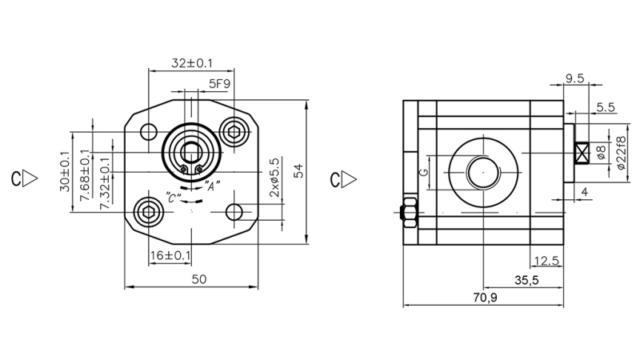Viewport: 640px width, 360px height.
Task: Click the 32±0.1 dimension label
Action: [191, 62]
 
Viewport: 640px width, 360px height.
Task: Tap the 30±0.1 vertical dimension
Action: [63, 171]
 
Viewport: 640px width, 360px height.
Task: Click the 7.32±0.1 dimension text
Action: [105, 182]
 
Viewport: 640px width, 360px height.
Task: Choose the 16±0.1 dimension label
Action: [170, 255]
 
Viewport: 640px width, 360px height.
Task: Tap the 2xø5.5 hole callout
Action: [274, 178]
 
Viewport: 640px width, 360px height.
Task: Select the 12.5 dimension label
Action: [545, 260]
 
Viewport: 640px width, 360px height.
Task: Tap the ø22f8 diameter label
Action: [620, 152]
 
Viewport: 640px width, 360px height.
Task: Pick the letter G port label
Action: [426, 172]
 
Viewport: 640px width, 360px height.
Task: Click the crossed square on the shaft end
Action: [582, 152]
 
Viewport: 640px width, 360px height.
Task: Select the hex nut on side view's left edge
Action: [409, 212]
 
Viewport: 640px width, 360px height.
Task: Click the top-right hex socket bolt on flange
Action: [234, 132]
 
